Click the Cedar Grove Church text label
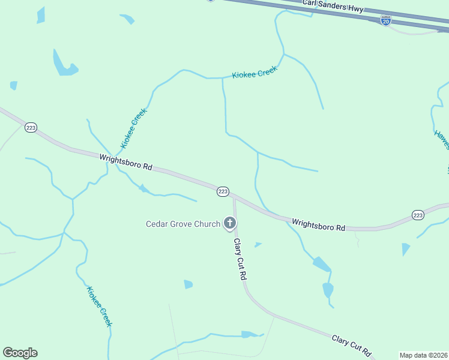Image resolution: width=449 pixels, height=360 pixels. pos(183,224)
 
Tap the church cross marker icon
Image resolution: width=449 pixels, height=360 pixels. pos(229,224)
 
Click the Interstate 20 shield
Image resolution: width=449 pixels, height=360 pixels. pos(386,20)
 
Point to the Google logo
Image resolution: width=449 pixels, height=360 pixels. pos(20,353)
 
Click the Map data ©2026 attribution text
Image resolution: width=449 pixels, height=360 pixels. pos(423,355)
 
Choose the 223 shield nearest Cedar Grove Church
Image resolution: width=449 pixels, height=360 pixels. pos(223,191)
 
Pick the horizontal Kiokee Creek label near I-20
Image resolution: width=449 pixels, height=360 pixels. pos(255,73)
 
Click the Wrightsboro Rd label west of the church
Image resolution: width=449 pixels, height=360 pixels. pos(126,163)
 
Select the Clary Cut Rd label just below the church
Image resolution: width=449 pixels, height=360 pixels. pos(241,260)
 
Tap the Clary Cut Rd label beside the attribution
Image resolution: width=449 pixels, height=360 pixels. pos(352,346)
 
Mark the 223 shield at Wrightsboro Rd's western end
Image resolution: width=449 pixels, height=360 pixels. pos(31,127)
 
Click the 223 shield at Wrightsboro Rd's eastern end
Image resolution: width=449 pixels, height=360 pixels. pos(418,215)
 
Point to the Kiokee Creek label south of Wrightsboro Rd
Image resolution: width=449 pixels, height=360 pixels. pos(99,306)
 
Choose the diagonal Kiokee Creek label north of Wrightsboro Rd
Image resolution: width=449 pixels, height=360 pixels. pos(133,128)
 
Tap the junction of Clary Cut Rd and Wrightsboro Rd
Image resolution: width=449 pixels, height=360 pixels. pos(234,196)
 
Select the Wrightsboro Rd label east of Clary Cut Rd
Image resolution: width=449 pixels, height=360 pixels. pos(319,224)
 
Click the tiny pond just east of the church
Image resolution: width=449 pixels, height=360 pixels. pos(258,245)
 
